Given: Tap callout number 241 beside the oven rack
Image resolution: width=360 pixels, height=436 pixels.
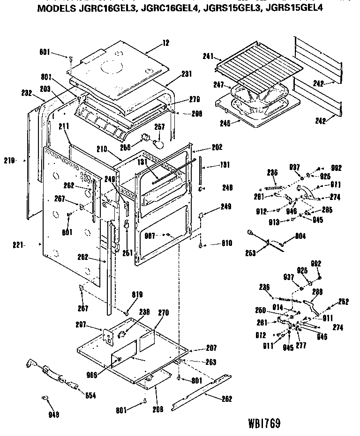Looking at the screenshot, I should [208, 56].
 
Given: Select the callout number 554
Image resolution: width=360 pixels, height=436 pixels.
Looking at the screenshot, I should [90, 395].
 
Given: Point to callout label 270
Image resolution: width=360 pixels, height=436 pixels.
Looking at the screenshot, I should [164, 312].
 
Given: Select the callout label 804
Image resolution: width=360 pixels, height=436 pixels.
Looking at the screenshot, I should [300, 236].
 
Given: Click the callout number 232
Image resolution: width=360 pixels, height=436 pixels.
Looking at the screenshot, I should [26, 93].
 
